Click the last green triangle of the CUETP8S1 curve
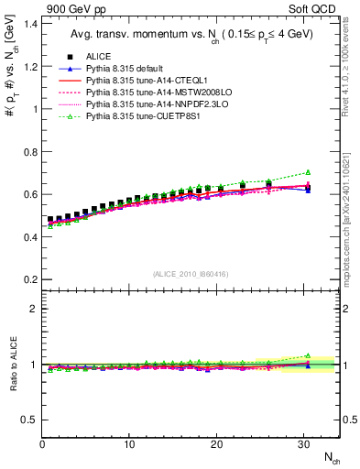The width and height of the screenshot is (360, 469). point(308,172)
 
